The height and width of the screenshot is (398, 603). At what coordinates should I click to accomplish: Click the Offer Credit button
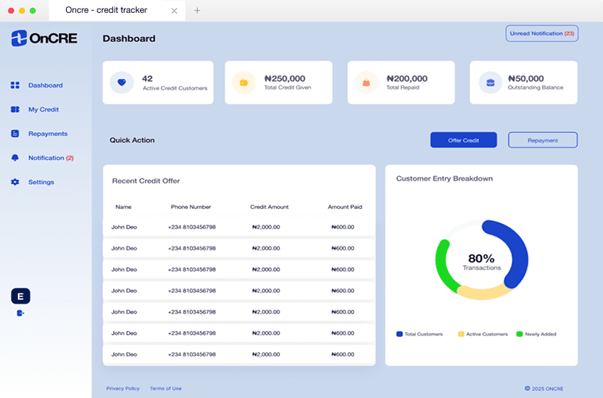click(x=463, y=140)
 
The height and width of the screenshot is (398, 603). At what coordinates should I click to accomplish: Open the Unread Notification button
click(x=542, y=33)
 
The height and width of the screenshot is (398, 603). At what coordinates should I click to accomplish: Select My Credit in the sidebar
click(x=43, y=109)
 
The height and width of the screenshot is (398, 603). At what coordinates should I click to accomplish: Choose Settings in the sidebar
click(x=41, y=182)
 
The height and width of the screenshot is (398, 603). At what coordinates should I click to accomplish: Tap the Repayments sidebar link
click(x=48, y=134)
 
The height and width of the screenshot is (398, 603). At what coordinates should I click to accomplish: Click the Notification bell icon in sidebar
click(x=15, y=158)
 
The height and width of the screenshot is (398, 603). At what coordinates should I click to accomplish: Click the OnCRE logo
click(x=44, y=38)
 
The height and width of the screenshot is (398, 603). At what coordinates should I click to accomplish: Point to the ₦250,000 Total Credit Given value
click(x=284, y=79)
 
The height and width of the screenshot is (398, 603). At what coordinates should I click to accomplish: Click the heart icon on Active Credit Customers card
click(x=122, y=82)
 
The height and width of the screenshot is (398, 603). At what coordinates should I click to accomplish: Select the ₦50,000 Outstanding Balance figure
click(x=525, y=79)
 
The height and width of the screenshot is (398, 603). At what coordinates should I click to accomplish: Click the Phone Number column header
click(x=191, y=207)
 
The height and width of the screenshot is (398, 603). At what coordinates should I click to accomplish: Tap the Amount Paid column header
click(x=345, y=207)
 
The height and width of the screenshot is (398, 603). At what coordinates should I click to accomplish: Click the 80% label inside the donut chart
click(x=481, y=259)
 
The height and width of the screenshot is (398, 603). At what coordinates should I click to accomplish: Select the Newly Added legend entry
click(x=537, y=334)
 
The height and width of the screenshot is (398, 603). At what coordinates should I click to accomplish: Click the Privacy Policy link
click(x=123, y=389)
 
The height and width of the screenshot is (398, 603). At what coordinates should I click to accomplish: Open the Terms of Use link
click(x=166, y=389)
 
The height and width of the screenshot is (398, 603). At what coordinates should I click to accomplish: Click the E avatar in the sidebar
click(x=21, y=296)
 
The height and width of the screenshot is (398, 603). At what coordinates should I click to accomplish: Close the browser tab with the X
click(x=175, y=11)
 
